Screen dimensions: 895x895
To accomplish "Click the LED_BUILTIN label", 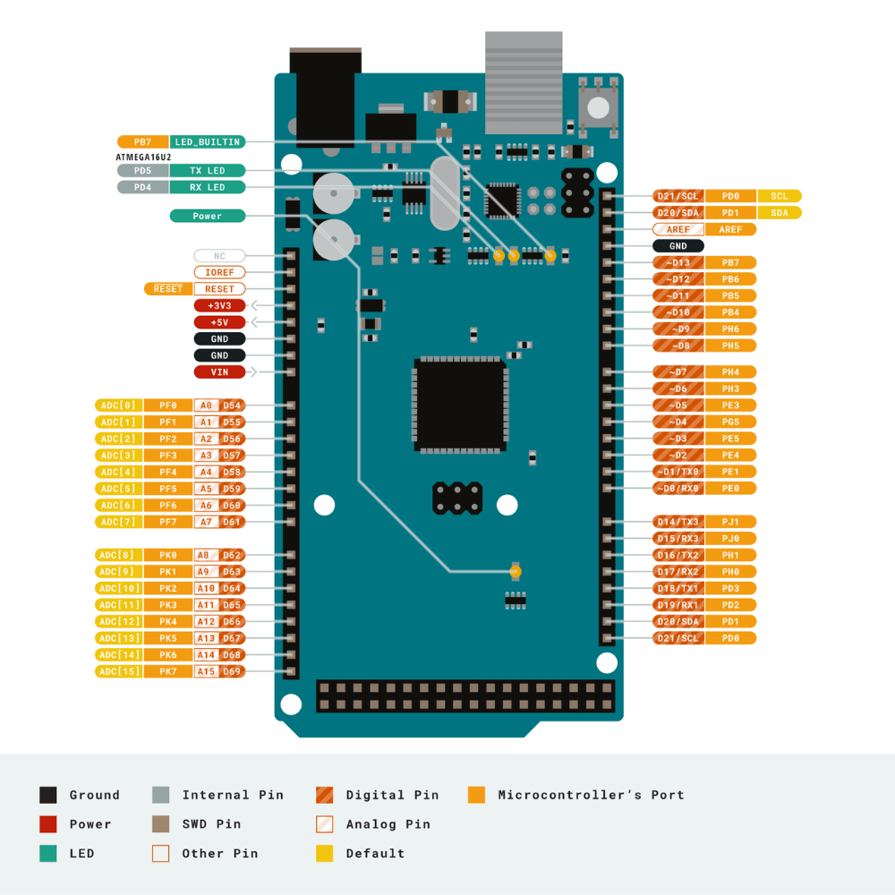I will (208, 141).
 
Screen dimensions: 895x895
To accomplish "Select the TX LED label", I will (208, 170).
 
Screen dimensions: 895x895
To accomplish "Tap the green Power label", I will (208, 216).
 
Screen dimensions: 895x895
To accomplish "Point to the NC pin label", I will (219, 256).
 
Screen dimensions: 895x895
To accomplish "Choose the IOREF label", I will (219, 272).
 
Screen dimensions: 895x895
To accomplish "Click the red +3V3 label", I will (219, 306).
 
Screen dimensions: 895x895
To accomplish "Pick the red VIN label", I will (219, 372).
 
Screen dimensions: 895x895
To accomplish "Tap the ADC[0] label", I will (119, 405).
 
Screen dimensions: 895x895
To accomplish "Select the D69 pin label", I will (233, 671).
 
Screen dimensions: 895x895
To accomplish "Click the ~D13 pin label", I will (678, 262).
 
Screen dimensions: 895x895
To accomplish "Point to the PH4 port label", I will (730, 371).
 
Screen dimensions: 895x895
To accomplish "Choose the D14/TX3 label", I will (678, 522).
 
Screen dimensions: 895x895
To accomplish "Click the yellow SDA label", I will (780, 212).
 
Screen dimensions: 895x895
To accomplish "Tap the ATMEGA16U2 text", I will (143, 157).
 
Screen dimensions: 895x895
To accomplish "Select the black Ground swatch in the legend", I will (48, 795).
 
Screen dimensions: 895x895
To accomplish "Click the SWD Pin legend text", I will (211, 824).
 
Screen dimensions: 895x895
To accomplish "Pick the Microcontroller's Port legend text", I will (591, 795).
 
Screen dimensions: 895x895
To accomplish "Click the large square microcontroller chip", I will (460, 405).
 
